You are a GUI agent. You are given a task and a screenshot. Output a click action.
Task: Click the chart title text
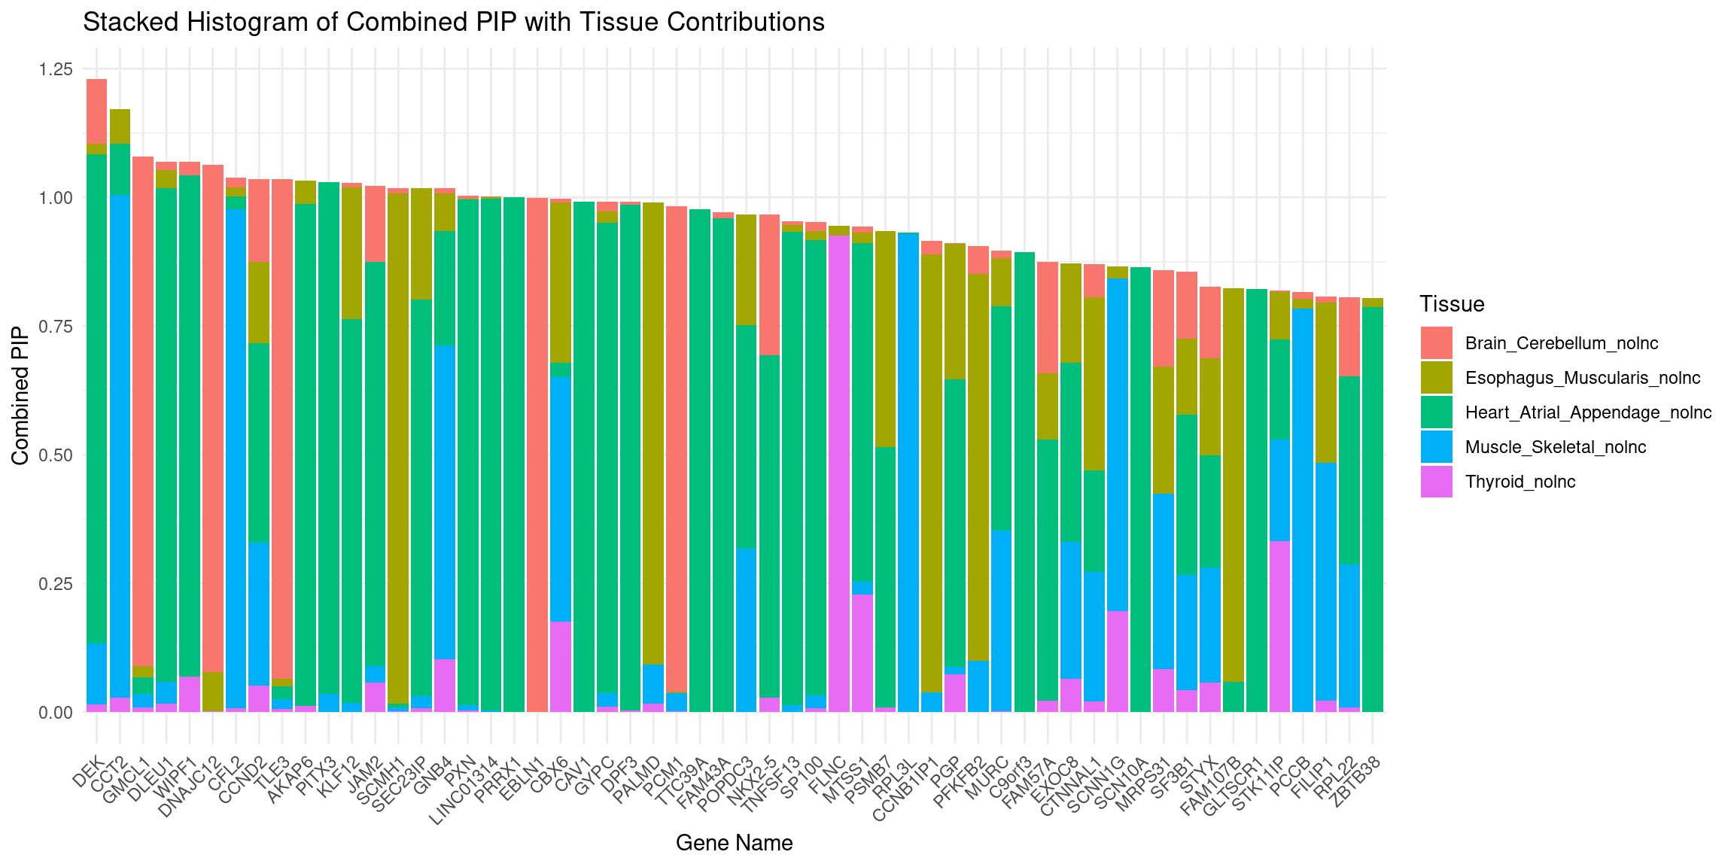453,23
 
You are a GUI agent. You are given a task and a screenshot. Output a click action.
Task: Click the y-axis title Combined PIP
20,395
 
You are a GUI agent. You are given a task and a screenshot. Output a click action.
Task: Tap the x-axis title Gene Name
734,843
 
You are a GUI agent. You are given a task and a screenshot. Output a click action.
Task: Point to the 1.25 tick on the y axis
56,69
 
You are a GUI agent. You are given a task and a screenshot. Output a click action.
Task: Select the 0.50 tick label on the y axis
56,455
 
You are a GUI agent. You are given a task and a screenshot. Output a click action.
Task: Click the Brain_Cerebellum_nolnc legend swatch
1436,343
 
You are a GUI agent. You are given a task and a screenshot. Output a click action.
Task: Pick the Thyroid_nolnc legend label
1520,482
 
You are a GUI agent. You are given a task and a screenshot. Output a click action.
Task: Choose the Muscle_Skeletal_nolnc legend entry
1555,448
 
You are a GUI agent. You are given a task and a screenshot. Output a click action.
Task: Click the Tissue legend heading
1452,304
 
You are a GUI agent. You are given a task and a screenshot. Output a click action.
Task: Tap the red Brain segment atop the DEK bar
96,111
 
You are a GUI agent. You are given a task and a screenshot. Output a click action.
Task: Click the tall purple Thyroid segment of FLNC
839,474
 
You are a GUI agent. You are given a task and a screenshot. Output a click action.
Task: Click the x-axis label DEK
90,772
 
